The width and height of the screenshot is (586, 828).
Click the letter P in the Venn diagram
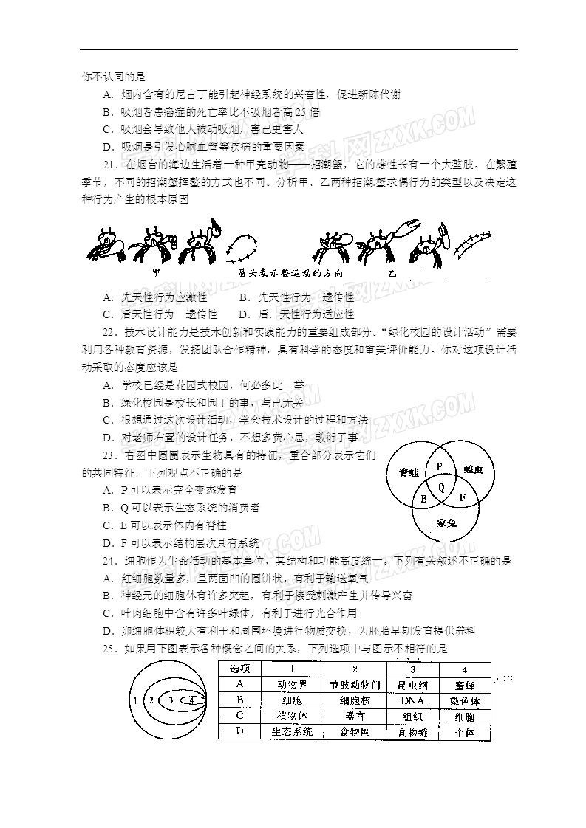[438, 466]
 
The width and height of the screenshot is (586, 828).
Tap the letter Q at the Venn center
[441, 487]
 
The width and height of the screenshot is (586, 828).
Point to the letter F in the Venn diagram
[462, 498]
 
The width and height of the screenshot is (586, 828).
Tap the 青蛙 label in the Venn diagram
[408, 472]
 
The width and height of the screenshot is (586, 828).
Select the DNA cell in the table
[412, 700]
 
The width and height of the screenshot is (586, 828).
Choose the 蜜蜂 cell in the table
[465, 685]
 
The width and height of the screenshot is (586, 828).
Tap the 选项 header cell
[239, 668]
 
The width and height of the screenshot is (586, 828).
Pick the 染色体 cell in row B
[465, 701]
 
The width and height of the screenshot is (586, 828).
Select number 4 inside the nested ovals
[191, 699]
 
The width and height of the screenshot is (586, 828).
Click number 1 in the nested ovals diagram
[136, 699]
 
